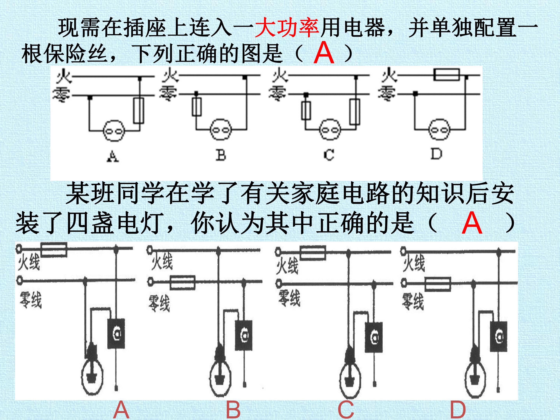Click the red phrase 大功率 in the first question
click(x=287, y=27)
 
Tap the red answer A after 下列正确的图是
click(x=324, y=53)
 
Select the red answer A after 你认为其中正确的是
click(x=472, y=223)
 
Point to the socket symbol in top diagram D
click(x=439, y=130)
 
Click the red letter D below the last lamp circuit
click(x=458, y=410)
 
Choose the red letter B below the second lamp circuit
click(x=233, y=410)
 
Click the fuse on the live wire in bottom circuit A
click(x=54, y=250)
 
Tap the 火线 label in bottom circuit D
click(x=414, y=263)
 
